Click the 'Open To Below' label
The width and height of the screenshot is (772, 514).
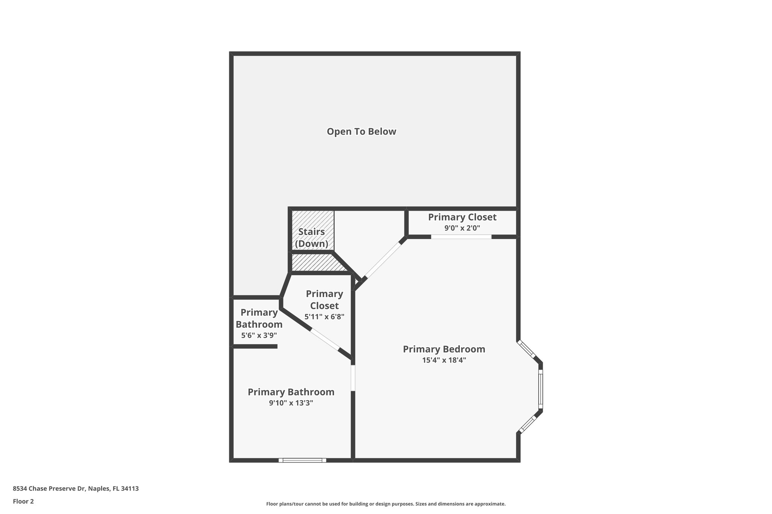(x=361, y=131)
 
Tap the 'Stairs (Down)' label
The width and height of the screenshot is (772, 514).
(x=311, y=238)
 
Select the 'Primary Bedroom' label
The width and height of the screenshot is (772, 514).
(x=444, y=349)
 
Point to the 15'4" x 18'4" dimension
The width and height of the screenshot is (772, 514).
(x=444, y=360)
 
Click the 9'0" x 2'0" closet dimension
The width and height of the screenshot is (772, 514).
(x=462, y=228)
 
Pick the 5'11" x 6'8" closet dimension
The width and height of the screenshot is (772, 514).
(x=324, y=317)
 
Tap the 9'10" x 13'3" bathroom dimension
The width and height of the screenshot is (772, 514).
(x=291, y=403)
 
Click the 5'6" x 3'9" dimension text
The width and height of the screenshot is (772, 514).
(x=259, y=335)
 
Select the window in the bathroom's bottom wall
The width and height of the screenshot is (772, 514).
(x=302, y=460)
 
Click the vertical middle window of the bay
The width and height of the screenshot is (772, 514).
(x=541, y=389)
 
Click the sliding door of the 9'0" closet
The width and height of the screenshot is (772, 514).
(x=461, y=237)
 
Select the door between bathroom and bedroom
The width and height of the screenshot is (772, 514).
(x=353, y=378)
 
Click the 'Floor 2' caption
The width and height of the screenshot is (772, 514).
(x=23, y=502)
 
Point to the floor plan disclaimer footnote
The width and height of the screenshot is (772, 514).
(x=386, y=504)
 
